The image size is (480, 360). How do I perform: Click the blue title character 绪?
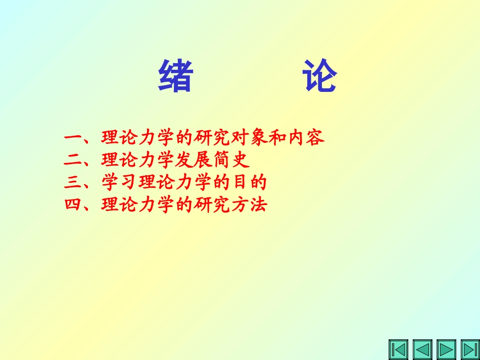click(x=175, y=76)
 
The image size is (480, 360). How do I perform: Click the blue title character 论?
click(x=320, y=76)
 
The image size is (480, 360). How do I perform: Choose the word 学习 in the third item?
click(x=120, y=183)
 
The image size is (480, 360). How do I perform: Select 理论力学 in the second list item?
click(x=139, y=161)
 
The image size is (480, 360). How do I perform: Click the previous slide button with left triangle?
click(x=422, y=349)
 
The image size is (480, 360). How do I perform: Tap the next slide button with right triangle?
click(x=446, y=349)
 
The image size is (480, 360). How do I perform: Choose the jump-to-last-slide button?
click(x=470, y=349)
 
